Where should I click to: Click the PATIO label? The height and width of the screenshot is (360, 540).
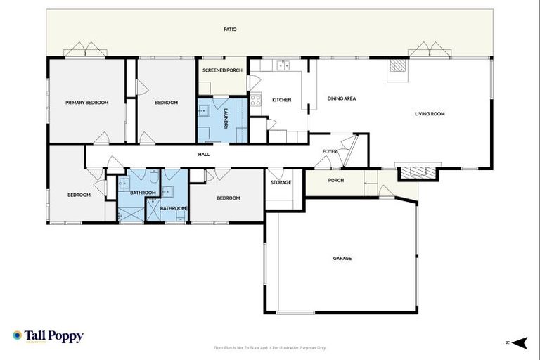point(230,30)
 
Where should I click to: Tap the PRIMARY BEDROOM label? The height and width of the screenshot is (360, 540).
point(86,103)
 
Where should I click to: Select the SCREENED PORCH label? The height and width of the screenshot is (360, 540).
point(222,70)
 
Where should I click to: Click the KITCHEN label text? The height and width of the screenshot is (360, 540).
point(281,100)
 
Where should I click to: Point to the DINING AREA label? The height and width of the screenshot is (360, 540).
point(342,98)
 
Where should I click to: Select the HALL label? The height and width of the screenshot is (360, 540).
point(203,154)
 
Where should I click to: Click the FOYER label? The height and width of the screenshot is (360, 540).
point(330,152)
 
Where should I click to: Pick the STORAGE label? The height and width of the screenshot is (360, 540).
point(281,182)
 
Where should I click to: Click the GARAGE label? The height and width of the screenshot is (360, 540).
point(342,258)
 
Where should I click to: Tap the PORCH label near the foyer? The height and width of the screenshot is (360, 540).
point(336,180)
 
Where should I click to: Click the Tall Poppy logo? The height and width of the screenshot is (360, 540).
point(48,336)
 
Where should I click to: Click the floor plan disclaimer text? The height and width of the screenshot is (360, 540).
point(270,347)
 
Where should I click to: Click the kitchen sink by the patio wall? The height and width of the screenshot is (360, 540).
point(283,66)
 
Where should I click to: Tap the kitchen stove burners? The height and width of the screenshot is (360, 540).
point(255,101)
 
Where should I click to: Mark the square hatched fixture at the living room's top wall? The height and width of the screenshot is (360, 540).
point(397,67)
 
